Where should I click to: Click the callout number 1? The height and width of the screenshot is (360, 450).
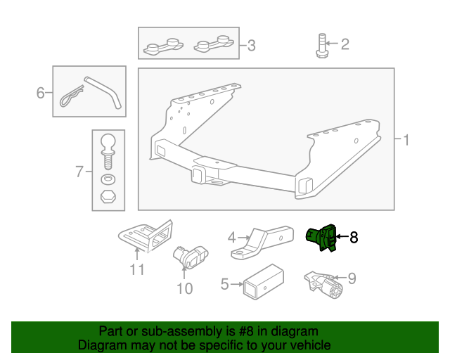406,140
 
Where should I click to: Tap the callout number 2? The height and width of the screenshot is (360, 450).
345,45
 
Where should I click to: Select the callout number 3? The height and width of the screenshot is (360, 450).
251,47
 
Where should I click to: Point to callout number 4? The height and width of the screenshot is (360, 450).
231,238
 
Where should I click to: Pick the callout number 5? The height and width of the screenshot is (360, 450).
225,284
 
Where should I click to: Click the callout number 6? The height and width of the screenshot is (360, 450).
40,92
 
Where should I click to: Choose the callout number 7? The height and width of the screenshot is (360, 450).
79,170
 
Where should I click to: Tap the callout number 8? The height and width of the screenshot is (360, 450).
354,238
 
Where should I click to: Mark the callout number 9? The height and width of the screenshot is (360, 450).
352,278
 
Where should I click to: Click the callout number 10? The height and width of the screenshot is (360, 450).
184,288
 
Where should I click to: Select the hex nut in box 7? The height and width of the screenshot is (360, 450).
108,195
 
